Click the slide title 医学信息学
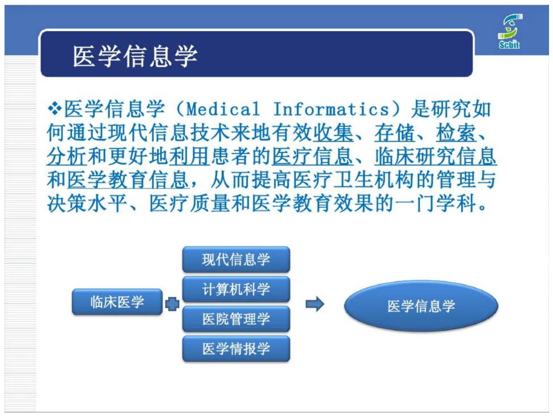135,56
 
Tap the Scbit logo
510,31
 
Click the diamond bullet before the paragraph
54,108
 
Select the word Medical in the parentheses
223,109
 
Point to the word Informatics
331,109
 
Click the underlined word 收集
333,133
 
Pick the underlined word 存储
395,133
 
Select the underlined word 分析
67,156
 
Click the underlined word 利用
189,156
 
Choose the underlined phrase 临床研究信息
436,156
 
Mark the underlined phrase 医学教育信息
128,180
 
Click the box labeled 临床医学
117,302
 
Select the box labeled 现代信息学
236,259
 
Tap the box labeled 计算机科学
236,289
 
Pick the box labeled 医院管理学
236,319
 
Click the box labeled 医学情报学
236,348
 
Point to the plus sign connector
172,304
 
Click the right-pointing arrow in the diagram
315,304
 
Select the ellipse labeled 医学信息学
421,306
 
